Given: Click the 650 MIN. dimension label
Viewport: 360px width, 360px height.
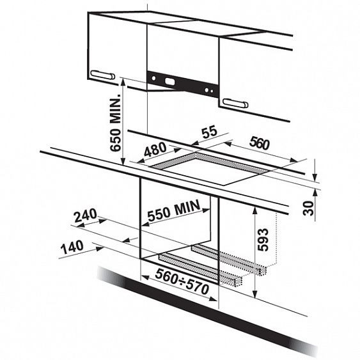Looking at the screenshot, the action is [116, 122].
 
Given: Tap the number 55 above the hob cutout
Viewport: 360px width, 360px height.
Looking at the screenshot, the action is [209, 132].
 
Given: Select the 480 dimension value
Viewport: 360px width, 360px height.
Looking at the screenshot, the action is [155, 149].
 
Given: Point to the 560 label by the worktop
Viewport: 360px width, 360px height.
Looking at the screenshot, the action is [260, 143].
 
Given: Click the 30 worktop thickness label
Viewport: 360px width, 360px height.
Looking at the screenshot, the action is [308, 208].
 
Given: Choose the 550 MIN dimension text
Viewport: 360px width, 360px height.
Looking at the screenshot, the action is [174, 210].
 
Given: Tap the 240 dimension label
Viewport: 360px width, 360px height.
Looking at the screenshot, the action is [86, 215].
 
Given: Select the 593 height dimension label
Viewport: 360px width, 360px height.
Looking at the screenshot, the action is [263, 239].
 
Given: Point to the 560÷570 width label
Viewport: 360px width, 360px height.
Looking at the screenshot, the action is [182, 281].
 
